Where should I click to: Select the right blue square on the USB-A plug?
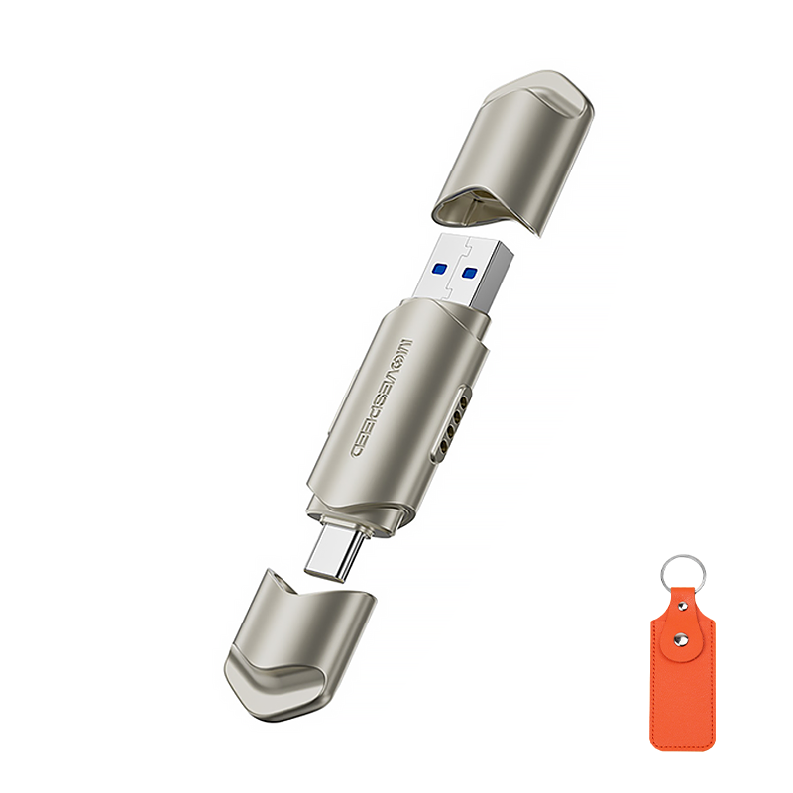pos(470,274)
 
